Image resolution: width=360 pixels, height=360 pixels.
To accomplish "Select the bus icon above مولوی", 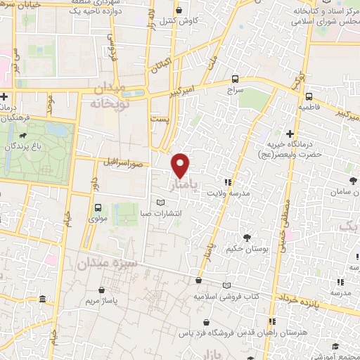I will tap(98, 208).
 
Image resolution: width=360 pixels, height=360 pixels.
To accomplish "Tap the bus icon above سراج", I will tap(235, 79).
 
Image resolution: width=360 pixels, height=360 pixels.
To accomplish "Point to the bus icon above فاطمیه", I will tap(309, 96).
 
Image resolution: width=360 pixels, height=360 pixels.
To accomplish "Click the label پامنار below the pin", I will tap(185, 186).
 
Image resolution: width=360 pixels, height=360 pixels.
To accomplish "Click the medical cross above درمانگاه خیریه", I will tap(290, 134).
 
